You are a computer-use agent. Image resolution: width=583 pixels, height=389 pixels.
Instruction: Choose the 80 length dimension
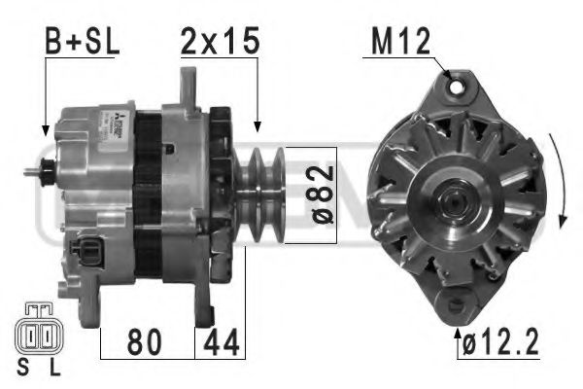(x=147, y=341)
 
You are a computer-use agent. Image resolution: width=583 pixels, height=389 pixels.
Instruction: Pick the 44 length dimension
(x=221, y=341)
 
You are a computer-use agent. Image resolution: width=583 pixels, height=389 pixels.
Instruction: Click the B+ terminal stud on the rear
(x=35, y=174)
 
